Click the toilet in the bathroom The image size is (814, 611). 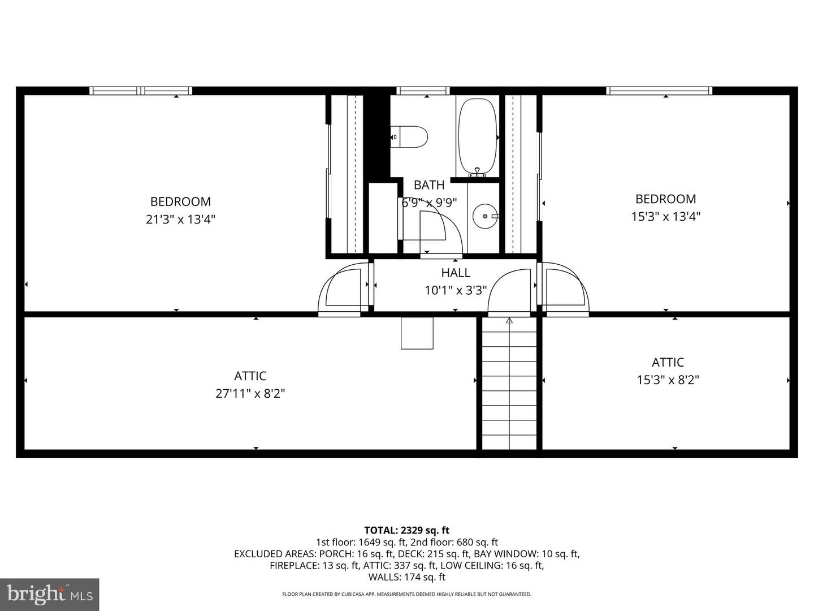[410, 137]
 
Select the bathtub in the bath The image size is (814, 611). [478, 137]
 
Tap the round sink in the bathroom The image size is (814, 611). [484, 216]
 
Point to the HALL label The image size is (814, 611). [456, 273]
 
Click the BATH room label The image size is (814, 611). [429, 185]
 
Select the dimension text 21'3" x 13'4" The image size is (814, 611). [180, 219]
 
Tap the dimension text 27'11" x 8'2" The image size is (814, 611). [250, 393]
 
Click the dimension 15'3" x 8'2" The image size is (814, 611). [668, 380]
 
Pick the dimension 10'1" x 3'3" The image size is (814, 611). [456, 290]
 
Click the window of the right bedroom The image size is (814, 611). [659, 91]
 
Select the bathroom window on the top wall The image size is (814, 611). [423, 91]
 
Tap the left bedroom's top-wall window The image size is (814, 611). [141, 91]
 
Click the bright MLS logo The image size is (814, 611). [50, 594]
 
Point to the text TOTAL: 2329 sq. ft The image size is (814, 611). [406, 530]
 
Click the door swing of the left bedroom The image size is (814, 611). [341, 290]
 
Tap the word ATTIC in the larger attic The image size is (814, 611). [250, 376]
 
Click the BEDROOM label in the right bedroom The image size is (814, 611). [665, 199]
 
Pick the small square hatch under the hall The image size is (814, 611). [417, 333]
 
